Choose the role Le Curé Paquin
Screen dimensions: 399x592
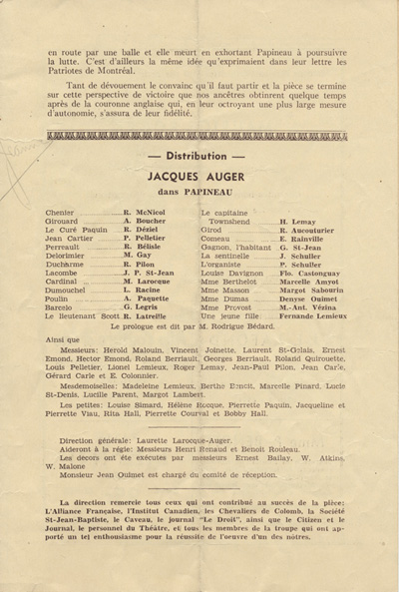(x=77, y=230)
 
